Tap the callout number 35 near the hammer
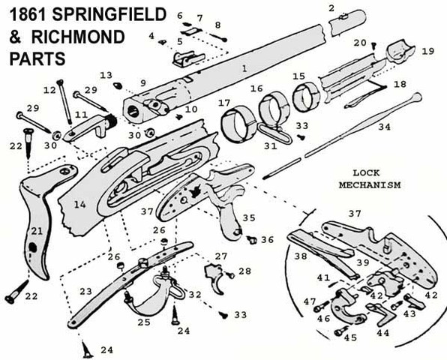(249, 218)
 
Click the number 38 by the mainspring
(300, 255)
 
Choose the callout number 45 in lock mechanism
(350, 338)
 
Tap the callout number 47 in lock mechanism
(309, 301)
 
